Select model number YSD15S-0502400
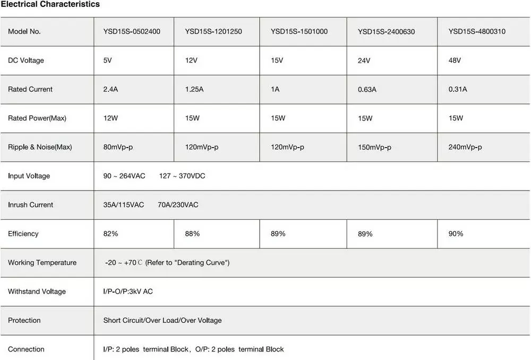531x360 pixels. [x=132, y=31]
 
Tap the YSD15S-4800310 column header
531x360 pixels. [x=477, y=31]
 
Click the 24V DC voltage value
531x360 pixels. [x=364, y=61]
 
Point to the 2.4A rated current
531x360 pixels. [x=110, y=89]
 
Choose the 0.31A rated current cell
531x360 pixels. [x=458, y=89]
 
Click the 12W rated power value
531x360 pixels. [x=111, y=118]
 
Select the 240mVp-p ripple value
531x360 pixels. [x=465, y=147]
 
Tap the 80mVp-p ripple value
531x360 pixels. [x=118, y=147]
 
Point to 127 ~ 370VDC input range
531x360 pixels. [x=182, y=176]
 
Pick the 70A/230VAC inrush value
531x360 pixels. [x=178, y=204]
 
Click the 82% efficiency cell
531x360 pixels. [x=110, y=234]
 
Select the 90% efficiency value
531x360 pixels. [x=456, y=234]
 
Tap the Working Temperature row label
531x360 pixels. [x=42, y=262]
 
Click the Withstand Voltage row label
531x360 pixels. [x=37, y=292]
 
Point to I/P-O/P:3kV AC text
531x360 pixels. [x=128, y=292]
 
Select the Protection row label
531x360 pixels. [x=24, y=320]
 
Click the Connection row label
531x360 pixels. [x=26, y=349]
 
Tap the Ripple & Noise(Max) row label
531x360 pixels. [x=40, y=147]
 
